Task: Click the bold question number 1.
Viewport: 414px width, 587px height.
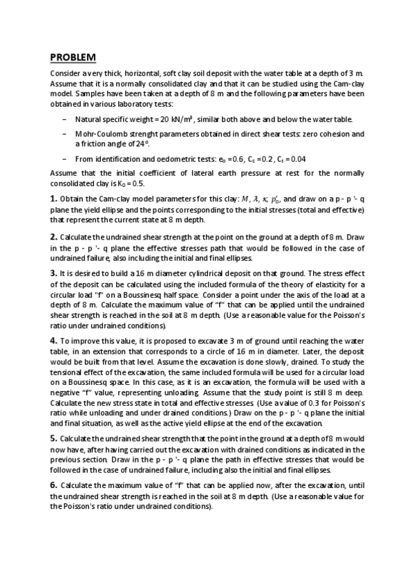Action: click(x=54, y=198)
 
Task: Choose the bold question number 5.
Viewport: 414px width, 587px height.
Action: click(x=54, y=438)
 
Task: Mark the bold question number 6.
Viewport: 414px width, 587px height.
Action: click(x=54, y=485)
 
